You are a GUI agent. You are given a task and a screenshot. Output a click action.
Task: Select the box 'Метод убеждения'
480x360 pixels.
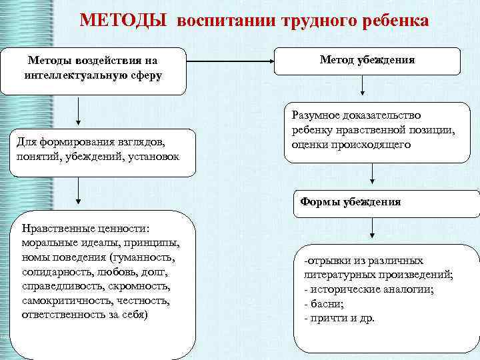pyautogui.click(x=367, y=61)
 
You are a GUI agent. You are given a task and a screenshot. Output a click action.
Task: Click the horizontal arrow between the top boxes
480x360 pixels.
pyautogui.click(x=230, y=61)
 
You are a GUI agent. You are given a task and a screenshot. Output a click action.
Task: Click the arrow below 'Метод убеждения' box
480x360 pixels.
pyautogui.click(x=362, y=87)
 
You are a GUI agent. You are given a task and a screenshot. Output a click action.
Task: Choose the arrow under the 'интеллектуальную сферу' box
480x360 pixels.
pyautogui.click(x=79, y=113)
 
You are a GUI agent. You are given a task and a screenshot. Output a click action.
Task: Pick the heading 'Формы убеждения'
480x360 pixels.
pyautogui.click(x=351, y=201)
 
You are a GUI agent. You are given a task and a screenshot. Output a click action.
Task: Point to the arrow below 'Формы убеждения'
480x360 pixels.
pyautogui.click(x=372, y=231)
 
